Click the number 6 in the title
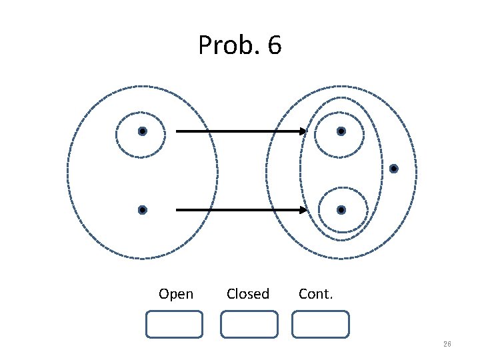[273, 46]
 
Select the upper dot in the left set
[142, 131]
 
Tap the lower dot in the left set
[142, 210]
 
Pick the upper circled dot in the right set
[341, 131]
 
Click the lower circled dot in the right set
[341, 210]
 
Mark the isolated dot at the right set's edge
[393, 168]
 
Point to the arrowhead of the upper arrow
[303, 131]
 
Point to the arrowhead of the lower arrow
[303, 210]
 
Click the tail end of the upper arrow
[177, 131]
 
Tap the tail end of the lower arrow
[177, 210]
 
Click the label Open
[176, 294]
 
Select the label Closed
[248, 294]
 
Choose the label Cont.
[316, 294]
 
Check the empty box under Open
[174, 324]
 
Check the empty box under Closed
[249, 324]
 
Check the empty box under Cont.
[321, 324]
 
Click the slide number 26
[447, 344]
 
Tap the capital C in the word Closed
[231, 294]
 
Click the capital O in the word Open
[164, 294]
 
